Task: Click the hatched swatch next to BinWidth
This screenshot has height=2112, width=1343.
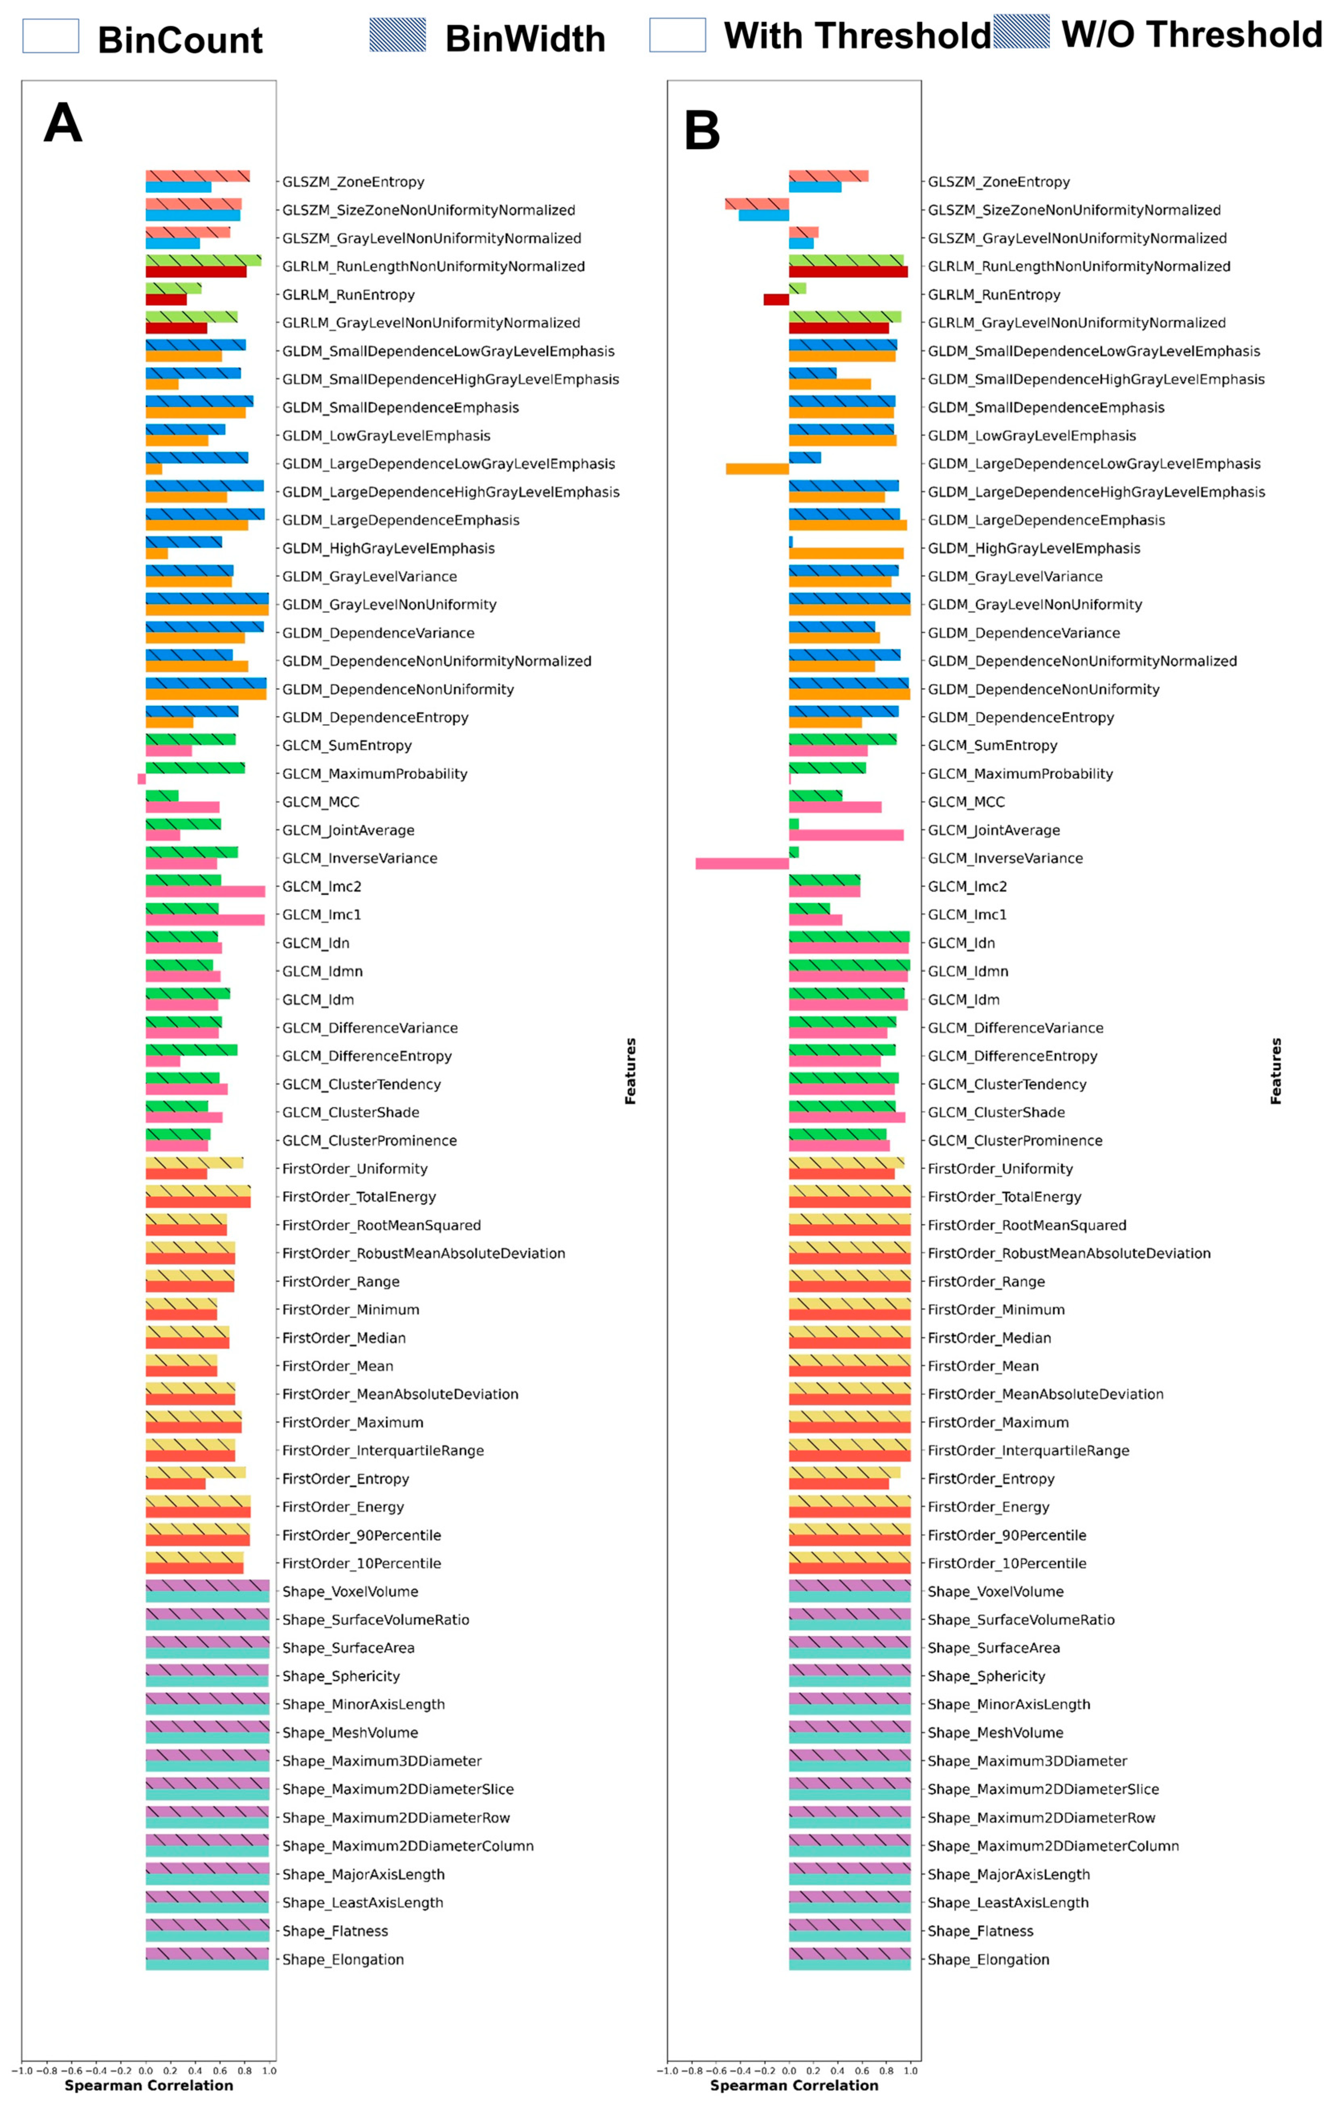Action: coord(397,35)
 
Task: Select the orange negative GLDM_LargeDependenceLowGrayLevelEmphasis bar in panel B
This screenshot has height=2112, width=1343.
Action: coord(757,468)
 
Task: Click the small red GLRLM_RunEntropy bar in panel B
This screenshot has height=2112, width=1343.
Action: coord(775,299)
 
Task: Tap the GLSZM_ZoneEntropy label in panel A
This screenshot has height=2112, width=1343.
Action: coord(353,182)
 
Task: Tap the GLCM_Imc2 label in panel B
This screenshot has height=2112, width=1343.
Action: coord(967,886)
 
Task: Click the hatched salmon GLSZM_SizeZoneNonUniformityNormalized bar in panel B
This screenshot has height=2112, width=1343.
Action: coord(756,203)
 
